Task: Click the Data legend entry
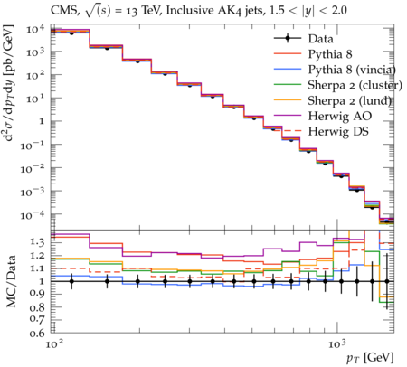pyautogui.click(x=320, y=39)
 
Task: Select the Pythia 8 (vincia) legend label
pyautogui.click(x=352, y=70)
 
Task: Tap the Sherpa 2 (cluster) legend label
pyautogui.click(x=355, y=85)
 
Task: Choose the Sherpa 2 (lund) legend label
pyautogui.click(x=350, y=100)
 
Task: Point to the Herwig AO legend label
pyautogui.click(x=340, y=116)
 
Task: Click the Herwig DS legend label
pyautogui.click(x=338, y=132)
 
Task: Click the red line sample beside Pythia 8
pyautogui.click(x=288, y=54)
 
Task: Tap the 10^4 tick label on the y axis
pyautogui.click(x=35, y=29)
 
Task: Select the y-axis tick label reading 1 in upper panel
pyautogui.click(x=42, y=121)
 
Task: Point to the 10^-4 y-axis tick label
pyautogui.click(x=33, y=214)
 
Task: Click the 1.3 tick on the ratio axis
pyautogui.click(x=37, y=242)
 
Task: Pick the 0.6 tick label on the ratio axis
pyautogui.click(x=37, y=334)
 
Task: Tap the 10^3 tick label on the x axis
pyautogui.click(x=336, y=343)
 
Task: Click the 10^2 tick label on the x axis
pyautogui.click(x=54, y=343)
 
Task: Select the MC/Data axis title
pyautogui.click(x=11, y=282)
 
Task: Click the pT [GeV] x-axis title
pyautogui.click(x=370, y=358)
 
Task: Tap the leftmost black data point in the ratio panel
pyautogui.click(x=71, y=281)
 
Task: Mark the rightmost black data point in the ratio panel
pyautogui.click(x=387, y=281)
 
